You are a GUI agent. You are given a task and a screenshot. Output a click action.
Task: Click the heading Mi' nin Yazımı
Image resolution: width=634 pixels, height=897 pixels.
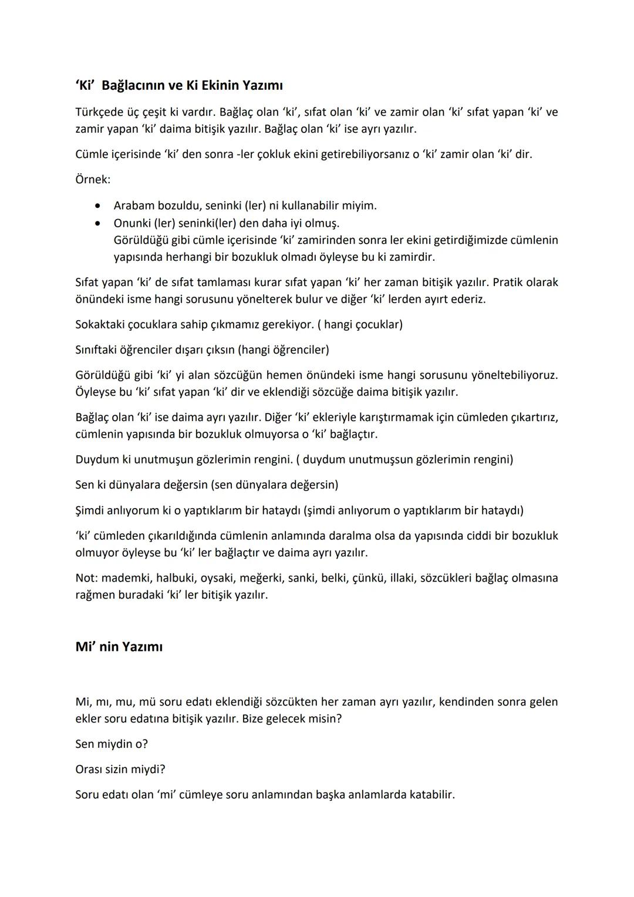coord(119,647)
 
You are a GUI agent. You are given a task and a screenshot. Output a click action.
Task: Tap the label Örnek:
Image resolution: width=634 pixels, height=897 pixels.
coord(93,179)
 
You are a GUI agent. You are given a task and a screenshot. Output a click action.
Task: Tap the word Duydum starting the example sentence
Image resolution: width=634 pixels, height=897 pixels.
coord(97,459)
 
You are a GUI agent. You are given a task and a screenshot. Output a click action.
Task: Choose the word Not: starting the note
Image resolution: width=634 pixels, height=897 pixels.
coord(86,577)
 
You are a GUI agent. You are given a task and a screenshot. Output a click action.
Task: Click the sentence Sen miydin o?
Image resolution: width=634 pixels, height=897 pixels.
coord(112,744)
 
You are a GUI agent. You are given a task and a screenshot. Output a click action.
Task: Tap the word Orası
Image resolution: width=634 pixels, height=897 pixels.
coord(89,769)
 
